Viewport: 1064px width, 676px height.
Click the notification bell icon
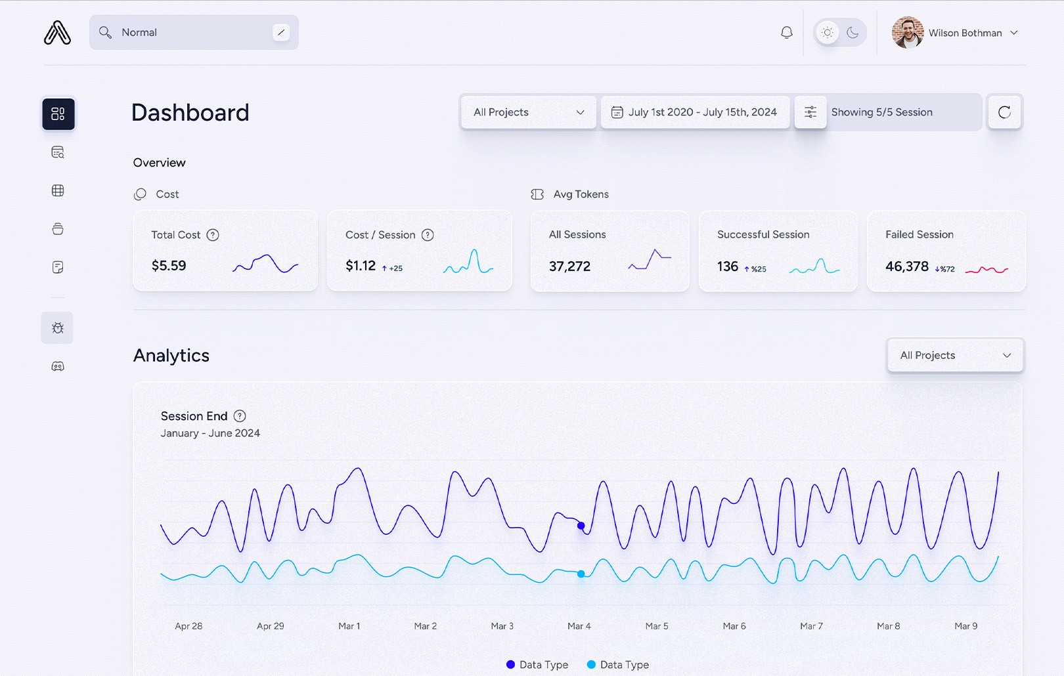(x=786, y=33)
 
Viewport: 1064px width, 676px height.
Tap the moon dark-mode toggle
(x=853, y=33)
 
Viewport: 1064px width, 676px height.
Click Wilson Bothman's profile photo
(x=907, y=33)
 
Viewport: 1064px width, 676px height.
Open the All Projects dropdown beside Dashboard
(x=528, y=112)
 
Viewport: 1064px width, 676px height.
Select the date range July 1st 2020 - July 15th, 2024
(x=695, y=112)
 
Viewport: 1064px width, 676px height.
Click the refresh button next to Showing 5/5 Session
(x=1004, y=112)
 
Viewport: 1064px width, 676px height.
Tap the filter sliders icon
(x=810, y=112)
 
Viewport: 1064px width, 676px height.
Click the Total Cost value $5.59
(x=169, y=266)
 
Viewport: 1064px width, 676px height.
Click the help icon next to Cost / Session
(x=428, y=235)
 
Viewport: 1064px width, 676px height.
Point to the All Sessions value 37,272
(x=569, y=266)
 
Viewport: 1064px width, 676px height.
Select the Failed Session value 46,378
(x=906, y=266)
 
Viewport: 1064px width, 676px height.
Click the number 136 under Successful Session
(x=728, y=266)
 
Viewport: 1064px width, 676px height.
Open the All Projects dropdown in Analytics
(x=955, y=355)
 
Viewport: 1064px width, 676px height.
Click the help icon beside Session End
(x=240, y=416)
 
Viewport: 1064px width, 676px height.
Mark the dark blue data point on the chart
(x=581, y=526)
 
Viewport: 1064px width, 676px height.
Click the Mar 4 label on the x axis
(x=579, y=626)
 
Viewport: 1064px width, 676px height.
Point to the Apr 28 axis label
(x=188, y=626)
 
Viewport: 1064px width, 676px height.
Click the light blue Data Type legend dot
(x=591, y=665)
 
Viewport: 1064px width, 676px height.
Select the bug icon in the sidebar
(x=58, y=328)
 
